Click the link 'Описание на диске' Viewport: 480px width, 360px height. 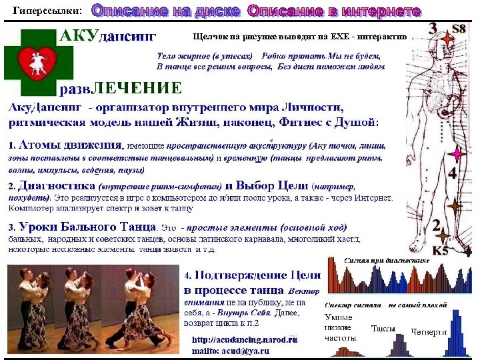(x=167, y=11)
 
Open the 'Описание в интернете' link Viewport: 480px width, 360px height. (x=334, y=11)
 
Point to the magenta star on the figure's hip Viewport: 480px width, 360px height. (x=456, y=155)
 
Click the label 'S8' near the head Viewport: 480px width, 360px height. (x=459, y=29)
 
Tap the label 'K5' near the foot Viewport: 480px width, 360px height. (x=441, y=250)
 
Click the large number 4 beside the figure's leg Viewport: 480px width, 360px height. (x=453, y=175)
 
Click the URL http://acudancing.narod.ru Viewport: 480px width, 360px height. (x=244, y=339)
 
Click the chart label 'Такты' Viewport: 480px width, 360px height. (x=383, y=329)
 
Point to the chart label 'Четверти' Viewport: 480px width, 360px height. (x=429, y=331)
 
